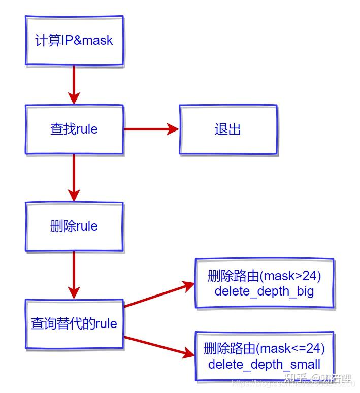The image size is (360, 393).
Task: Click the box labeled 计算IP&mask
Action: pyautogui.click(x=74, y=40)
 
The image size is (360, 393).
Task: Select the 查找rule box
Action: pyautogui.click(x=74, y=129)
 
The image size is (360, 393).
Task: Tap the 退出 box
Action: pyautogui.click(x=227, y=129)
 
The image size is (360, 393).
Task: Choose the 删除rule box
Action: pyautogui.click(x=74, y=226)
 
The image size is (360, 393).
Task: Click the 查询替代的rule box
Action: pyautogui.click(x=74, y=323)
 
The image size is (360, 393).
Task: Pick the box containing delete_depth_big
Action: pyautogui.click(x=264, y=283)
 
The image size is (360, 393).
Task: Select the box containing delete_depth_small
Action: pyautogui.click(x=264, y=356)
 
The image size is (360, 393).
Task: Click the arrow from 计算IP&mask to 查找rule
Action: pyautogui.click(x=74, y=85)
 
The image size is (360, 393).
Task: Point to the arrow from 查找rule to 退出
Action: pyautogui.click(x=151, y=129)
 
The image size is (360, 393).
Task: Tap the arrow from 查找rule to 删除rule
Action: pyautogui.click(x=74, y=178)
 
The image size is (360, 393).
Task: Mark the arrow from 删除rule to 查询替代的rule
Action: pyautogui.click(x=74, y=275)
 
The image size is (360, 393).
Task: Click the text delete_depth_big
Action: pyautogui.click(x=264, y=291)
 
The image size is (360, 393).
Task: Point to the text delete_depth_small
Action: pyautogui.click(x=264, y=364)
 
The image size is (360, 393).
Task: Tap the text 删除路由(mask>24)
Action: pyautogui.click(x=264, y=277)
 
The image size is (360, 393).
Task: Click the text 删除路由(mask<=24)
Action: pyautogui.click(x=264, y=349)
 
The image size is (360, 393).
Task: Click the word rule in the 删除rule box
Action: pyautogui.click(x=86, y=226)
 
